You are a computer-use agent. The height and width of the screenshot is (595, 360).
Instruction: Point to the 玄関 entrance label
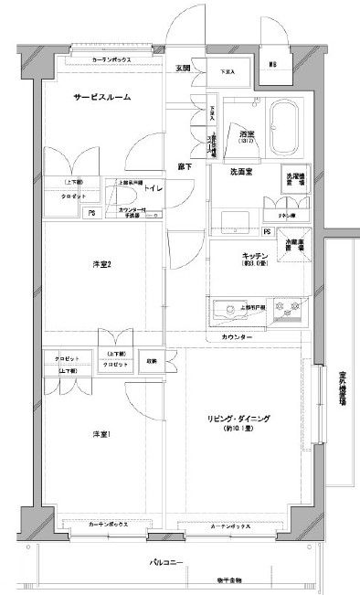pyautogui.click(x=183, y=69)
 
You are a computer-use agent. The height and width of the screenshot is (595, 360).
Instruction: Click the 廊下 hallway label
pyautogui.click(x=184, y=165)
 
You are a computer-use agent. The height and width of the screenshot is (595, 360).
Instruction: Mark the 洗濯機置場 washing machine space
pyautogui.click(x=294, y=178)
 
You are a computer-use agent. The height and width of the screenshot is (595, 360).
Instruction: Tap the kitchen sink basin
pyautogui.click(x=224, y=313)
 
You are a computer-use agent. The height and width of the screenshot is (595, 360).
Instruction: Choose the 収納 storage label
pyautogui.click(x=152, y=361)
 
